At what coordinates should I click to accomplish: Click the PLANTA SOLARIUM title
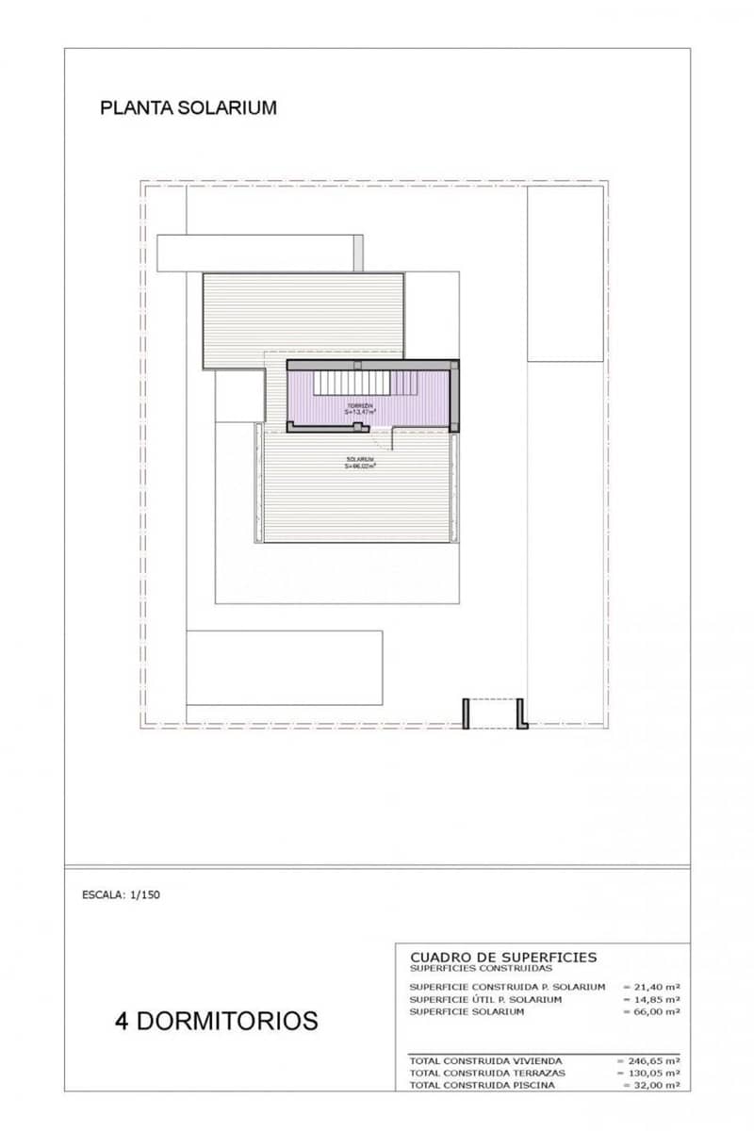(188, 107)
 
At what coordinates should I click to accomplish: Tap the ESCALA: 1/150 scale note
(122, 895)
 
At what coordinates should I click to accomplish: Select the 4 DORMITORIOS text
(216, 1020)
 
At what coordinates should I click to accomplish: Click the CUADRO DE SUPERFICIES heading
(503, 957)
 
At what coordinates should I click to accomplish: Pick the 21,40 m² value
(651, 986)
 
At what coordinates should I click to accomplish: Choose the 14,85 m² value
(651, 999)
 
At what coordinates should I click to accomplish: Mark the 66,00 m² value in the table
(651, 1011)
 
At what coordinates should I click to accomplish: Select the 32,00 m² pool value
(651, 1086)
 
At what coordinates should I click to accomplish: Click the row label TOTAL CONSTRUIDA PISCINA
(482, 1086)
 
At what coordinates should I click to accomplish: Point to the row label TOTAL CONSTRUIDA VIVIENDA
(485, 1061)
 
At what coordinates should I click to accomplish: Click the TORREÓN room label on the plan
(360, 408)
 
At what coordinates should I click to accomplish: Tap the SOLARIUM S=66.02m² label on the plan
(360, 462)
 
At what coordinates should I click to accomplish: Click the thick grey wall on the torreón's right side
(454, 396)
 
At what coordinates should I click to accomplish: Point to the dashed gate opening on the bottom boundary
(495, 713)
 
